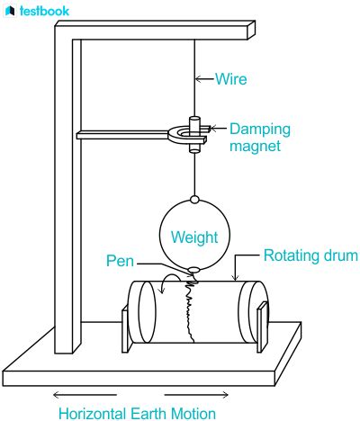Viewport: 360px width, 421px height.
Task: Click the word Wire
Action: point(231,79)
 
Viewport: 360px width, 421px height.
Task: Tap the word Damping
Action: point(260,130)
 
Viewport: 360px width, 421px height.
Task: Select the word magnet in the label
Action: point(256,147)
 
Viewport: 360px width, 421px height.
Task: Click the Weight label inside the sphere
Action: point(194,237)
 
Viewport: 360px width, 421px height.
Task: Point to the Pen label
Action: point(120,261)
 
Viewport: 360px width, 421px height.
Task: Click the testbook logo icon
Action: point(10,11)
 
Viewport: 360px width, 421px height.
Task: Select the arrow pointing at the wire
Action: point(205,79)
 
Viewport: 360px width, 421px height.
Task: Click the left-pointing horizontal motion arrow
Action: point(85,395)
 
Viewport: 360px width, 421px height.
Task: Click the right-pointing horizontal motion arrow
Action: point(196,395)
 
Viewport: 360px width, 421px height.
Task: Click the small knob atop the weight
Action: point(194,199)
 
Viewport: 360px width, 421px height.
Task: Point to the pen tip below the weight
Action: point(193,271)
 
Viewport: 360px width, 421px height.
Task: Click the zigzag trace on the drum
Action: point(191,309)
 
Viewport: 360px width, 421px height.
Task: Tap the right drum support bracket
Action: point(262,327)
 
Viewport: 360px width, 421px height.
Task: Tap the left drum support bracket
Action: point(126,329)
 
